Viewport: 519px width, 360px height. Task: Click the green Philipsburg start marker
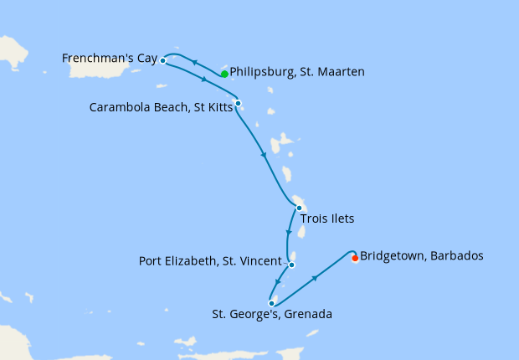coord(224,74)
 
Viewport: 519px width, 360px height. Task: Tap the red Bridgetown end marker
coord(355,258)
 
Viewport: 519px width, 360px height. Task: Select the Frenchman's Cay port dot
coord(162,61)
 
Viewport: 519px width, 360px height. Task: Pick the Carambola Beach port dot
coord(239,104)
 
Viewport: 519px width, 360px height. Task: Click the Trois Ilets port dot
coord(299,208)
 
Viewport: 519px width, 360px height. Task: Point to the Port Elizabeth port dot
coord(291,265)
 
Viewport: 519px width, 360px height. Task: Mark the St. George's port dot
coord(272,303)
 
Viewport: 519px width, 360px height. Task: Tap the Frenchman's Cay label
coord(110,58)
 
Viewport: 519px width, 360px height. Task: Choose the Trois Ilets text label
coord(328,219)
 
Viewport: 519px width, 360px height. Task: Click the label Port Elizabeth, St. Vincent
coord(212,261)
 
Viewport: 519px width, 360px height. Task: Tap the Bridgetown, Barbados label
coord(421,255)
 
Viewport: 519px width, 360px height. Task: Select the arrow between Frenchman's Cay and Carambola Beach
coord(205,80)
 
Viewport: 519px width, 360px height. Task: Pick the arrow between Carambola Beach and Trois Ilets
coord(265,155)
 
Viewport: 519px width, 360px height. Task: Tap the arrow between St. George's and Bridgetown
coord(316,277)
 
